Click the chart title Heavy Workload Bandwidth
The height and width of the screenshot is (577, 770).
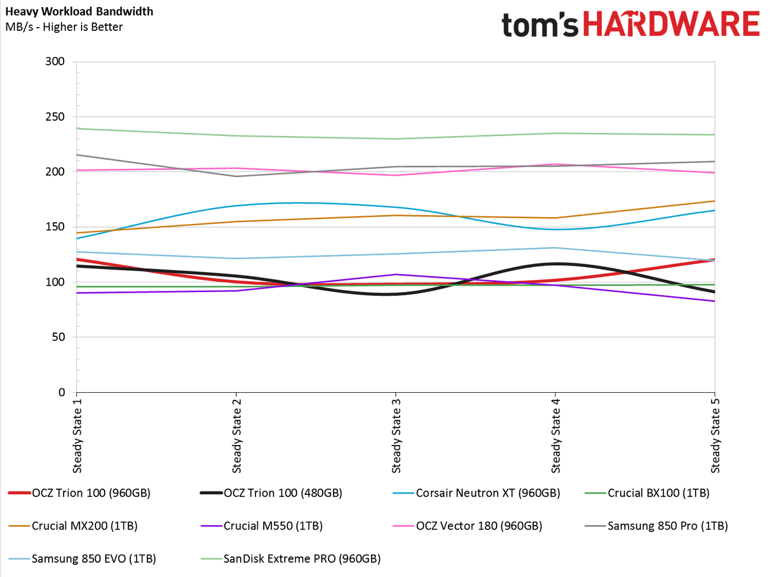tap(80, 12)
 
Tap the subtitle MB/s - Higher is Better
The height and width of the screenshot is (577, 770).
tap(64, 27)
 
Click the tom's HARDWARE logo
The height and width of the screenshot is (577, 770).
tap(631, 24)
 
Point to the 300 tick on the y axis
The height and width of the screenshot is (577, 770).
tap(55, 62)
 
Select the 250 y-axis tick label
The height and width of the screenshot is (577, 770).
tap(55, 116)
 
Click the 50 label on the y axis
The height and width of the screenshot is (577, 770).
tap(58, 337)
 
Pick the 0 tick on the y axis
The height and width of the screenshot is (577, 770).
tap(62, 392)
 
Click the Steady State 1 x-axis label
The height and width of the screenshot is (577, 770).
tap(77, 436)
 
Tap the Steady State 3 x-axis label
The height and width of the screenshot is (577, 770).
tap(396, 436)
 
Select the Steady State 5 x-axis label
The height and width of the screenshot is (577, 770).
tap(715, 436)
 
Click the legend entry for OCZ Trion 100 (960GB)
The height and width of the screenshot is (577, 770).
tap(80, 493)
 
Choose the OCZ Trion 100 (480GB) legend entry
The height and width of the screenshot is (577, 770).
tap(271, 493)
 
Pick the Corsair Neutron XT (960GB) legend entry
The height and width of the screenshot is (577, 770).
tap(476, 493)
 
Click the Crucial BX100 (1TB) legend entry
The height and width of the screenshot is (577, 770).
tap(647, 493)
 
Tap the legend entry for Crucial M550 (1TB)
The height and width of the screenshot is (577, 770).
tap(262, 526)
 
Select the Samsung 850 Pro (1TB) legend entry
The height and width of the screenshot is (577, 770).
tap(656, 526)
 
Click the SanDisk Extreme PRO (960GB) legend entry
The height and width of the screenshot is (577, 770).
tap(291, 558)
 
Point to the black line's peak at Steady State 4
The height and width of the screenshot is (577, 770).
tap(555, 264)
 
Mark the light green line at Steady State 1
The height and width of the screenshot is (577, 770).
tap(77, 128)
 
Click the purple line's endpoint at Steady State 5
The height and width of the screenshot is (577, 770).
tap(714, 301)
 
